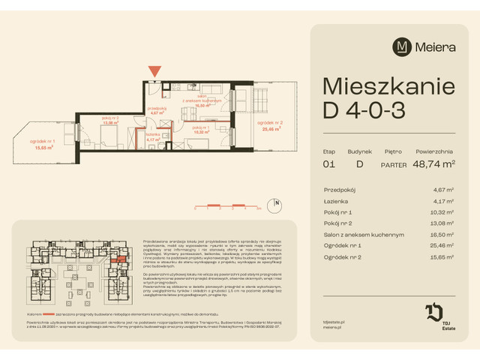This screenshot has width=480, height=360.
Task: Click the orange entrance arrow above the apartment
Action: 154,71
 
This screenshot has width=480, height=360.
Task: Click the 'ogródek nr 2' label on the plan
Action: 270,124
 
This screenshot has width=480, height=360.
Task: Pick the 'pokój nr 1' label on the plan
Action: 202,129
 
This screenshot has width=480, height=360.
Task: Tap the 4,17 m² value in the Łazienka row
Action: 445,201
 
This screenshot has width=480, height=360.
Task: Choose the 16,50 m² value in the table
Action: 443,235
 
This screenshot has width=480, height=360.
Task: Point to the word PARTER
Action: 394,164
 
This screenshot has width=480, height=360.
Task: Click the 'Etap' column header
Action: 329,150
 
